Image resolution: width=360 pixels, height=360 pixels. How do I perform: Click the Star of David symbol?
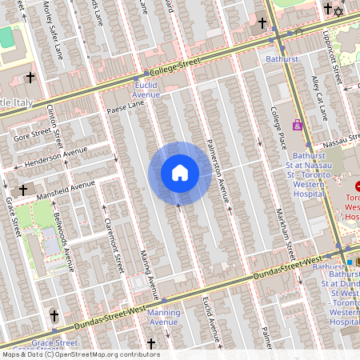coord(338,10)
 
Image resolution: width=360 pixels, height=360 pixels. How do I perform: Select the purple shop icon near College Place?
coord(298,125)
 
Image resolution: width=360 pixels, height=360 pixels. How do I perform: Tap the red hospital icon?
coord(358,186)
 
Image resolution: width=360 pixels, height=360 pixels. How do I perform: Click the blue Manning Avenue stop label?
coord(163,317)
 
